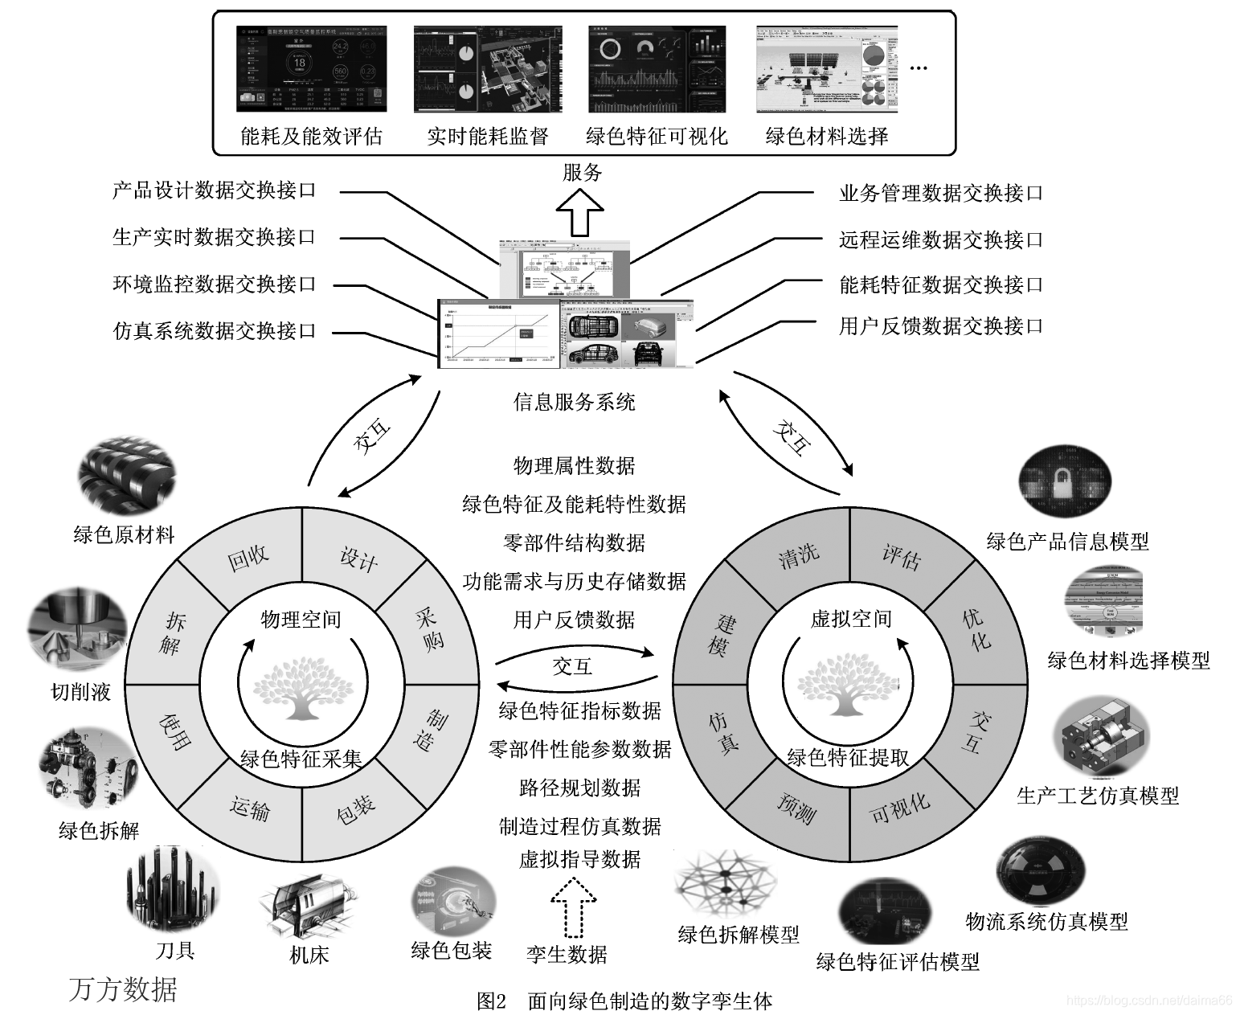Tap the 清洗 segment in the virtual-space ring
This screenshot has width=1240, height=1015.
coord(798,555)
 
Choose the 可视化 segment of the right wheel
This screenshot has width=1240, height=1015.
coord(900,807)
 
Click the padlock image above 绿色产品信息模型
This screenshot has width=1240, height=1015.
coord(1065,481)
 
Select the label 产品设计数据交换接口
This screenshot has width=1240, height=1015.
coord(215,190)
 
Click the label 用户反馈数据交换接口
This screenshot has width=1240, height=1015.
coord(941,325)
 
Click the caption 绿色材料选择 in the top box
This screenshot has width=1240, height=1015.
coord(827,136)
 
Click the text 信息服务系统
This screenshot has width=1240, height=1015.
coord(574,401)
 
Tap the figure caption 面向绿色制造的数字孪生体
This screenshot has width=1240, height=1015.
coord(649,1001)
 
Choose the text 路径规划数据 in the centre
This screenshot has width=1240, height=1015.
coord(579,788)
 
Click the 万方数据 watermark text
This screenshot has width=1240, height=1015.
coord(123,988)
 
